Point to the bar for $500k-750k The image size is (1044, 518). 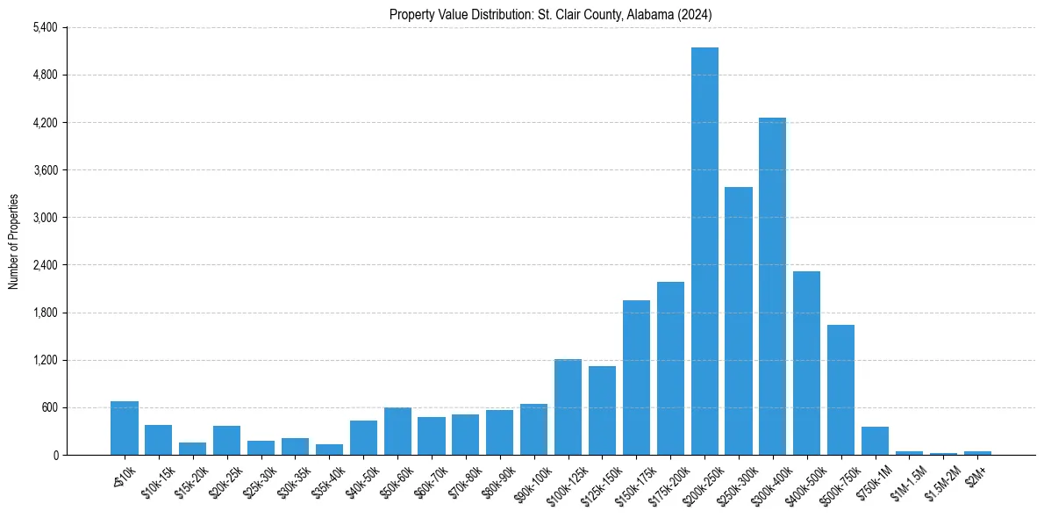[840, 390]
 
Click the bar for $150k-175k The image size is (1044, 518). [636, 378]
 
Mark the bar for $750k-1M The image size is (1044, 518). [875, 441]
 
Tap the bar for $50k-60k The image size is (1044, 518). [397, 431]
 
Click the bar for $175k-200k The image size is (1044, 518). [670, 368]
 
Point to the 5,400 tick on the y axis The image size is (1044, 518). [45, 27]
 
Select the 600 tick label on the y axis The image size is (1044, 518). [48, 407]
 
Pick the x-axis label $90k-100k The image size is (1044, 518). [531, 481]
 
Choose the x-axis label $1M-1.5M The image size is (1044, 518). [906, 480]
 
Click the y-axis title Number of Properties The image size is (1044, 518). [13, 241]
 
